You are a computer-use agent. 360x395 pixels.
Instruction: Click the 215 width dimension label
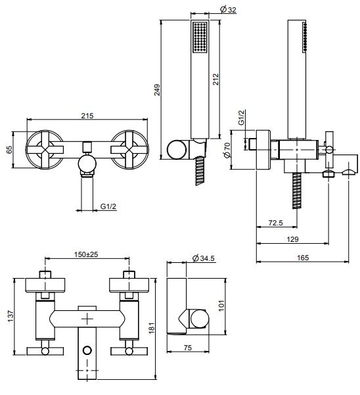tap(87, 116)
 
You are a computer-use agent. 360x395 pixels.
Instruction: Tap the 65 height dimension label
tap(9, 149)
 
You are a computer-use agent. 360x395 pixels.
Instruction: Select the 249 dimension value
tap(157, 90)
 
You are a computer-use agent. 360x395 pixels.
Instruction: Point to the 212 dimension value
tap(215, 79)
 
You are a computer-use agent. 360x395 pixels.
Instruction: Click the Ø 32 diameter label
tap(228, 10)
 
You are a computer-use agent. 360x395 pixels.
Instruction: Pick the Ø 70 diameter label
tap(227, 150)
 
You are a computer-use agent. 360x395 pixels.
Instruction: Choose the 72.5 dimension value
tap(276, 223)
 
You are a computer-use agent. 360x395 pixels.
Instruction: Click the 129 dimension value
tap(292, 239)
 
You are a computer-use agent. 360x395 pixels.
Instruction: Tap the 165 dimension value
tap(303, 258)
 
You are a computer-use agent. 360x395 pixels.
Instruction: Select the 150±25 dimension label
tap(86, 254)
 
